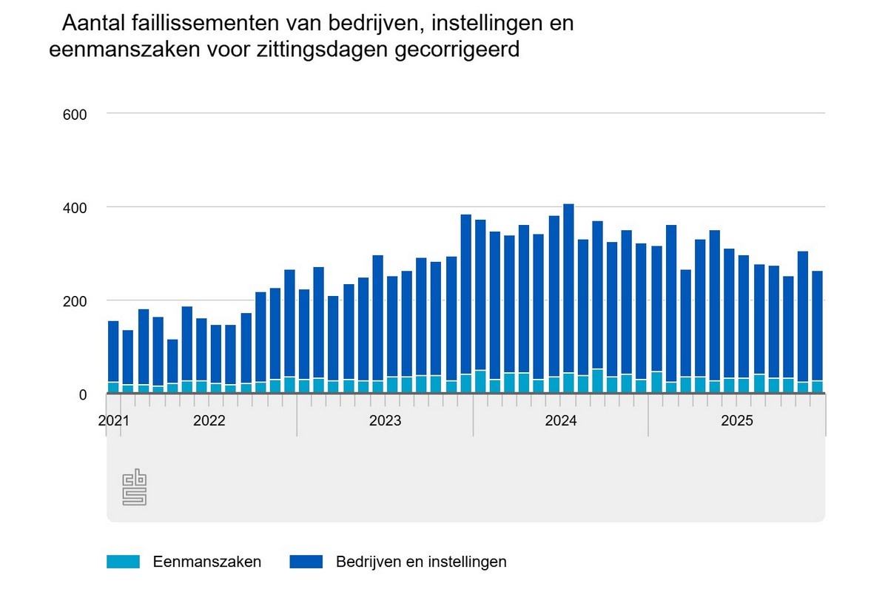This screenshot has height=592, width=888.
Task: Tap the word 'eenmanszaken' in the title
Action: click(x=112, y=50)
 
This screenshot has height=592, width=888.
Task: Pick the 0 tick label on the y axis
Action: click(x=84, y=394)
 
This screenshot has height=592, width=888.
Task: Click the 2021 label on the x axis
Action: click(x=113, y=421)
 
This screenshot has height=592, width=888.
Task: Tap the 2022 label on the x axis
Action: click(x=209, y=421)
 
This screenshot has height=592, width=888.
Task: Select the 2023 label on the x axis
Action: click(x=385, y=421)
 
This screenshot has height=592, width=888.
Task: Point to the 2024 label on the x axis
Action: click(x=561, y=421)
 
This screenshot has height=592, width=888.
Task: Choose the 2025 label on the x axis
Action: click(x=737, y=421)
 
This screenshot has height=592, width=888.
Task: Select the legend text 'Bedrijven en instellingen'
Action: click(x=421, y=562)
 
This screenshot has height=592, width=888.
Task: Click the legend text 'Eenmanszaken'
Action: click(x=207, y=562)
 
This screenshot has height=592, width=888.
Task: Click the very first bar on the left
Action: click(x=113, y=355)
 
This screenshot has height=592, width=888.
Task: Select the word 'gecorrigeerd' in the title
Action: click(x=457, y=50)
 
